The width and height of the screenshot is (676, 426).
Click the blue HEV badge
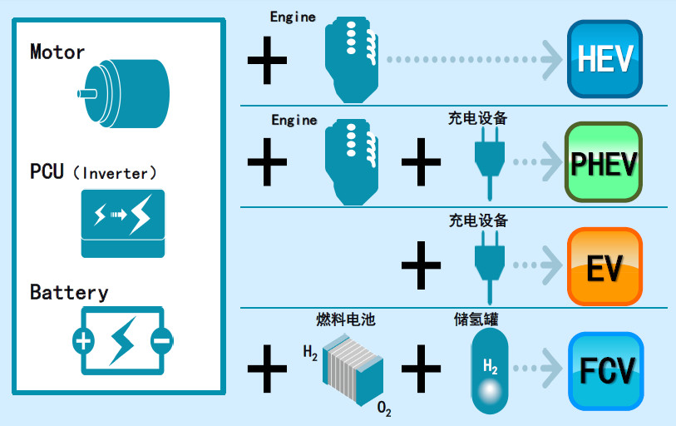tap(604, 60)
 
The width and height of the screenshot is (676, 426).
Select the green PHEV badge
tap(604, 162)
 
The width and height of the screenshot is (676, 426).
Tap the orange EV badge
tap(604, 267)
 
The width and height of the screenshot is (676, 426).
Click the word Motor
tap(57, 52)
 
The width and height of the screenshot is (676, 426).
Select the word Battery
tap(69, 292)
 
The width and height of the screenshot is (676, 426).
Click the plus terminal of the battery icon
tap(83, 340)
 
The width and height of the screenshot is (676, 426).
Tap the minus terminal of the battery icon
tap(161, 340)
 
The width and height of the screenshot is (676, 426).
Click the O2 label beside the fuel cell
tap(384, 409)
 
